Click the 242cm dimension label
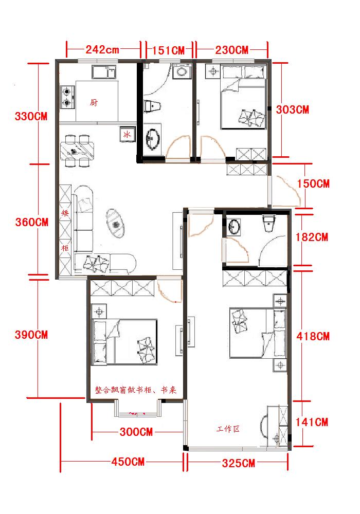tap(102, 50)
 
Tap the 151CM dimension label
tap(169, 50)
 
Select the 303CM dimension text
tap(293, 109)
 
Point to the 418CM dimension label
tap(313, 336)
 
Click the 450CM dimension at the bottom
tap(128, 462)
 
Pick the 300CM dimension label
tap(136, 432)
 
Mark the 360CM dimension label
tap(32, 222)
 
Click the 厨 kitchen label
tap(94, 103)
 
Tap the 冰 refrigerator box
tap(127, 134)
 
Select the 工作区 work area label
tap(228, 429)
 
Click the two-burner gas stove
tap(67, 97)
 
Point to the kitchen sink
tap(104, 72)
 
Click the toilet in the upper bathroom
tap(152, 106)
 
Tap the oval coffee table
tap(115, 223)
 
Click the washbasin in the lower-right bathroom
tap(234, 227)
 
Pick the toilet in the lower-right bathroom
tap(268, 224)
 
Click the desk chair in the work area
tap(264, 426)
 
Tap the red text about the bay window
tap(136, 390)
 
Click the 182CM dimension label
tap(312, 237)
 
